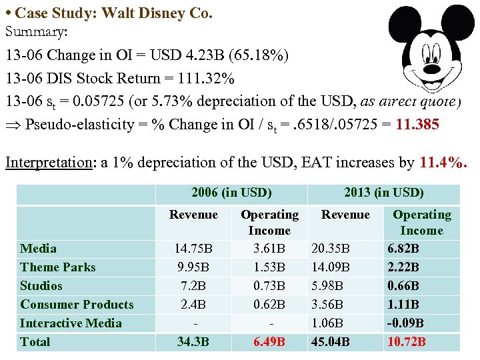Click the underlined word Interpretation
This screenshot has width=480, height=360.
coord(47,162)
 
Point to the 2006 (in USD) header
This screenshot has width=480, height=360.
coord(231,193)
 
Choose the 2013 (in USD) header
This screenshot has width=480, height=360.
coord(383,193)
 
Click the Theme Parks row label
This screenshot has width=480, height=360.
coord(58,267)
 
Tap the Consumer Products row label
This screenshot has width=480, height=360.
coord(77,305)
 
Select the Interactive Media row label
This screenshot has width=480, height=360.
coord(71,323)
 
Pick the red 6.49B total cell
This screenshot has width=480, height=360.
coord(269,342)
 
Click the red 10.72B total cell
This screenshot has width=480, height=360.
coord(406,342)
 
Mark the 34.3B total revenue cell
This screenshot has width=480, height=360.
coord(193,342)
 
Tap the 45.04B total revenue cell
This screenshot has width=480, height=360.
coord(332,342)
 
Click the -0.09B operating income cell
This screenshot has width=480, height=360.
coord(405,323)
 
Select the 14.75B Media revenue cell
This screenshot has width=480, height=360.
coord(193,249)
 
